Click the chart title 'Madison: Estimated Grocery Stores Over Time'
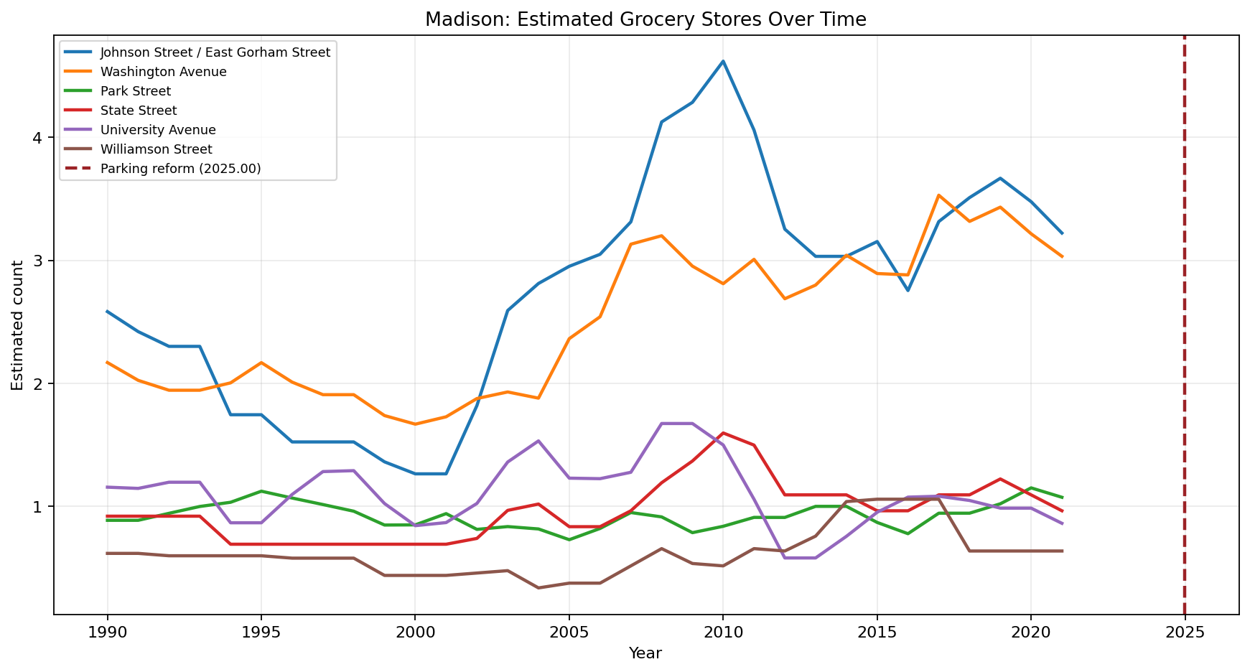[645, 19]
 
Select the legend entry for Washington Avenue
[163, 72]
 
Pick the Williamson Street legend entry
[156, 149]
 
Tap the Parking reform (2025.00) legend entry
[180, 169]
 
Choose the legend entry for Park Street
[136, 91]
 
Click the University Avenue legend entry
[158, 130]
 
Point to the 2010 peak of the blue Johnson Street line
[723, 61]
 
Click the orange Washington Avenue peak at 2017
[938, 195]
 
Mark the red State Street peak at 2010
[723, 433]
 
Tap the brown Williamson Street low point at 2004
[538, 588]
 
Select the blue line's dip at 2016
[908, 290]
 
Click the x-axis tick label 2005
[569, 633]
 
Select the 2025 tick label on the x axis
[1184, 633]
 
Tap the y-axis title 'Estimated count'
[17, 325]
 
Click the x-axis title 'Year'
[645, 653]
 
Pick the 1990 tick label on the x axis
[108, 633]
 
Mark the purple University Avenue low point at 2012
[785, 558]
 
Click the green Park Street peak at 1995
[261, 491]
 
